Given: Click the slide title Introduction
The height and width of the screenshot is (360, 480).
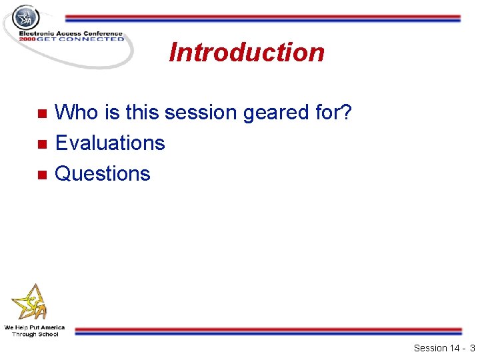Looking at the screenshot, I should point(247,52).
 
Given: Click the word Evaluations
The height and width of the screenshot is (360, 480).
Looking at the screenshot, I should point(110,143).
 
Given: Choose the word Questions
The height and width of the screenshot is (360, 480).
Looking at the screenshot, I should point(103,173).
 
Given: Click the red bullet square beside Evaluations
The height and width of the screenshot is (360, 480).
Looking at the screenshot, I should point(41,144).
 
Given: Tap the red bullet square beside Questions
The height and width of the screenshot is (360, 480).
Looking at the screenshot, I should point(41,175).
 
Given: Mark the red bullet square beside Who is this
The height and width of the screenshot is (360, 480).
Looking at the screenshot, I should point(41,113).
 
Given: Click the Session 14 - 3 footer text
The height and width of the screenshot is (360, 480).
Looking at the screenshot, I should point(443,348).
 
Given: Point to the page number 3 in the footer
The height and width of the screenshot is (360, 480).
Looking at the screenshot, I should point(472,348).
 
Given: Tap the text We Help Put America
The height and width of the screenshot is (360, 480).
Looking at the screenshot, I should point(35,327).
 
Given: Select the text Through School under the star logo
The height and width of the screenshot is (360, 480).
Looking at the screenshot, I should point(35,334).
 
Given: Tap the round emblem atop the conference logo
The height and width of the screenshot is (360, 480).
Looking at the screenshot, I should point(25,17).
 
